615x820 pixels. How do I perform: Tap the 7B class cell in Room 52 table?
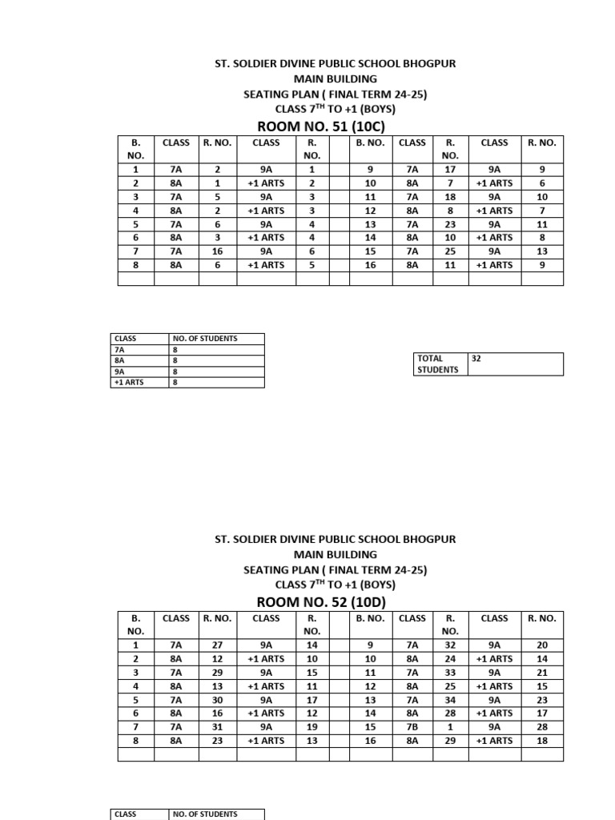coord(412,726)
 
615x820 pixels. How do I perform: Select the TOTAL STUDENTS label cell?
coord(436,364)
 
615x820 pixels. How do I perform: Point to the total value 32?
coord(476,360)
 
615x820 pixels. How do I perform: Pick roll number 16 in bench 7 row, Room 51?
coord(217,251)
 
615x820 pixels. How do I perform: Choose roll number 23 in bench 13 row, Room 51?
coord(450,223)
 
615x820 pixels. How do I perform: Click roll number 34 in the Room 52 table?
coord(450,699)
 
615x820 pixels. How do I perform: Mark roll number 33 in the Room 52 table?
coord(450,672)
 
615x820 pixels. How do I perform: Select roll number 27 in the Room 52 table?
coord(217,645)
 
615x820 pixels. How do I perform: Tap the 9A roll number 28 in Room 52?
coord(542,726)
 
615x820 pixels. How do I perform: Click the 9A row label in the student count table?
coord(120,372)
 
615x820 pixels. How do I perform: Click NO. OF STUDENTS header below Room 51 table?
coord(205,339)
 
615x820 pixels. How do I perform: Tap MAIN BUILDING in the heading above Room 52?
coord(336,554)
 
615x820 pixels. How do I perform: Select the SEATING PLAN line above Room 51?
coord(336,94)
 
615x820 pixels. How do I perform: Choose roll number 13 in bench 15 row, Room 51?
coord(542,251)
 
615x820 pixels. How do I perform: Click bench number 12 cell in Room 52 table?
coord(370,685)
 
